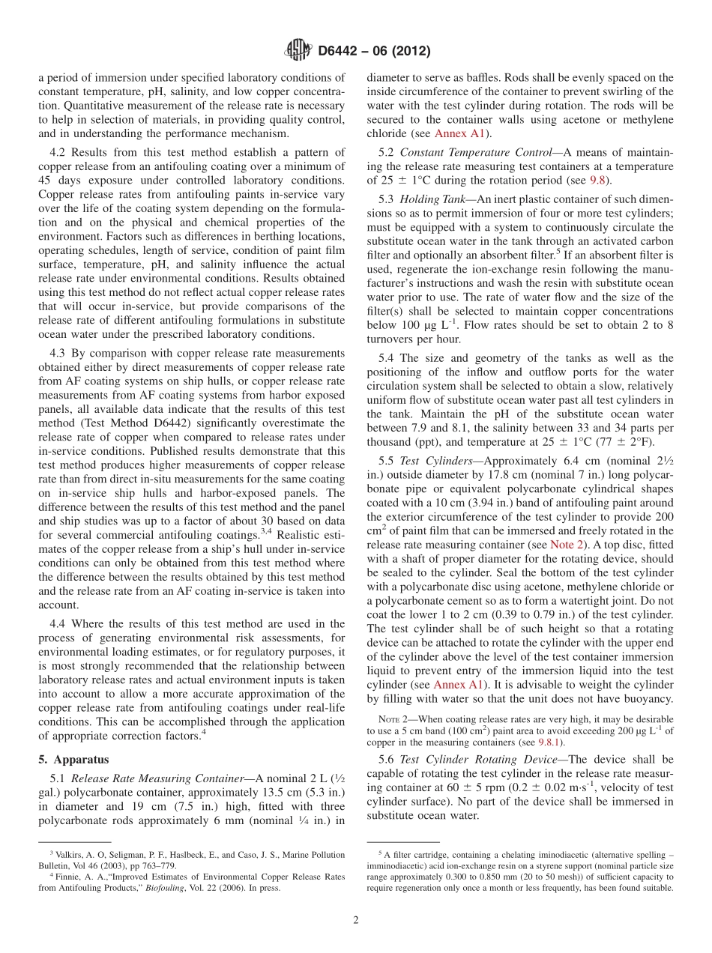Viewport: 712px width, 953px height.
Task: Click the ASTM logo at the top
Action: tap(298, 51)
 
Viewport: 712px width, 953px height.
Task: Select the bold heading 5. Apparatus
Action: tap(73, 758)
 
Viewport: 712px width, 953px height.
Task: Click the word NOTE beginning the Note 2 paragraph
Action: tap(394, 719)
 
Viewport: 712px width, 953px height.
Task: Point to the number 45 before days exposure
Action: tap(46, 181)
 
